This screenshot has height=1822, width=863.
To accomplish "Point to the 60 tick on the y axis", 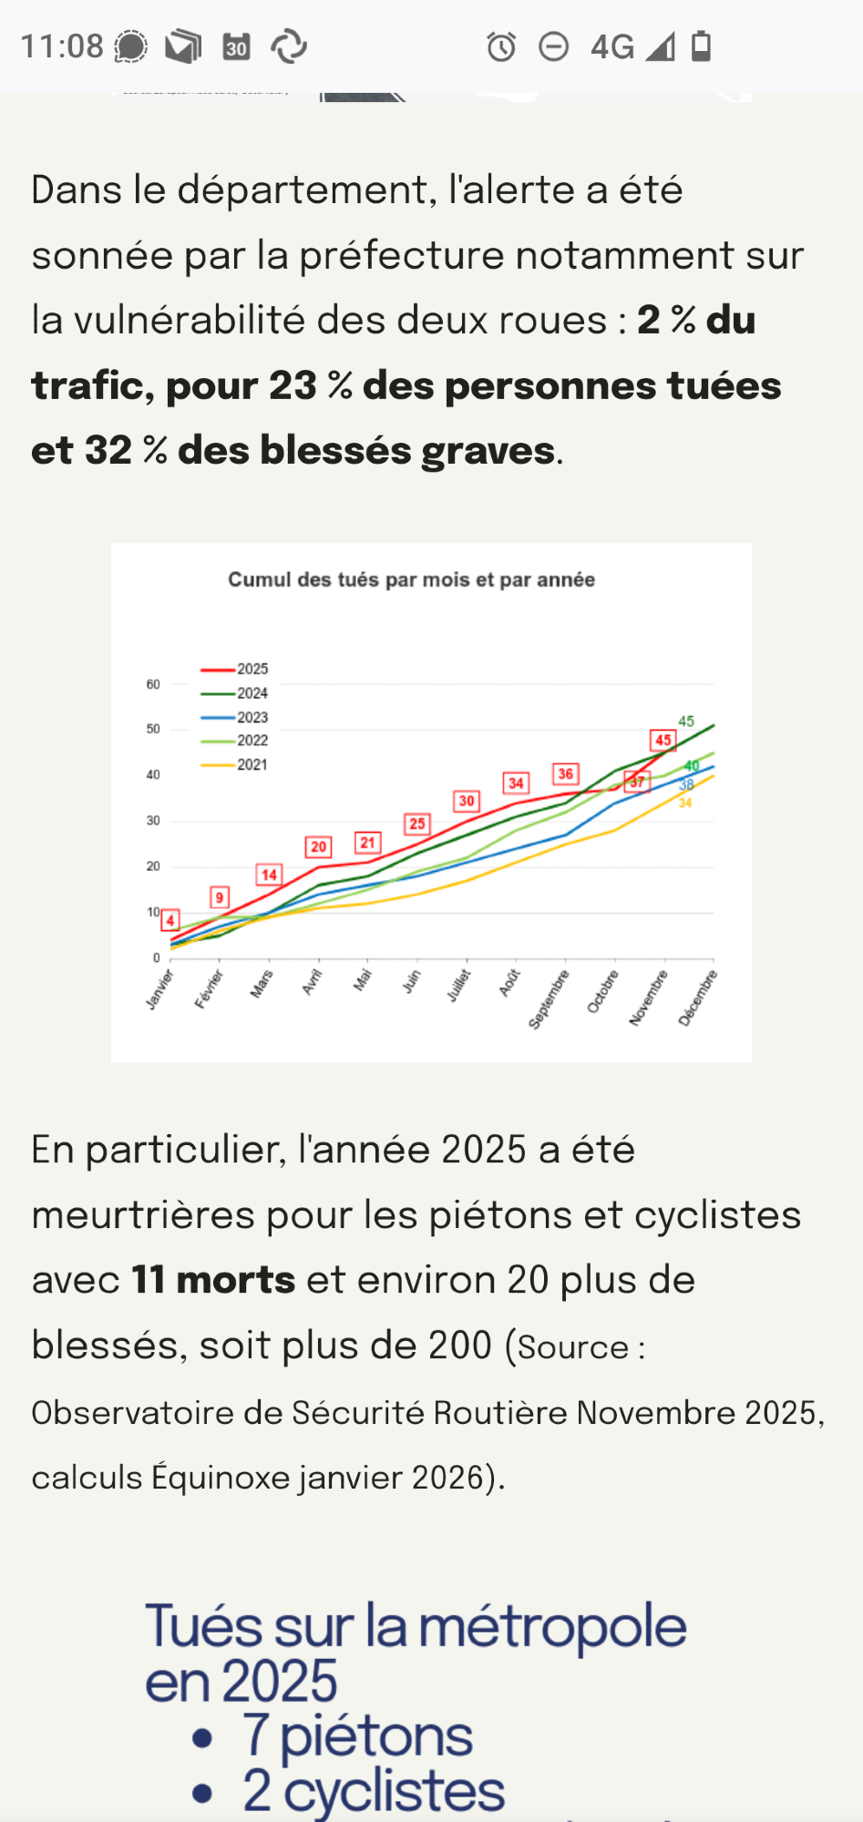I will click(153, 684).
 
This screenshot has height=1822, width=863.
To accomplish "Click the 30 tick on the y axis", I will click(153, 821).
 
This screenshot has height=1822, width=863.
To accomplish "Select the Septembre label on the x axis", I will click(550, 999).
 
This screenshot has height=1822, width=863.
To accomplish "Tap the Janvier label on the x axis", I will click(160, 989).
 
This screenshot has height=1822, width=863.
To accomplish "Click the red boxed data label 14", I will click(269, 875).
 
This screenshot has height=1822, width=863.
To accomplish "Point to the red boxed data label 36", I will click(566, 774).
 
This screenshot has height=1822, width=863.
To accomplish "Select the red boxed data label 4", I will click(170, 921).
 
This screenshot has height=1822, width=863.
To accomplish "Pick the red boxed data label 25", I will click(417, 824).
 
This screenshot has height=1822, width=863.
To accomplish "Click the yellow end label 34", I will click(685, 804).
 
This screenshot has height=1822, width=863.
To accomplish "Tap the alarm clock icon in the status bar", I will click(501, 46).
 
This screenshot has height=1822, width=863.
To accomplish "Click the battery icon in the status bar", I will click(701, 46).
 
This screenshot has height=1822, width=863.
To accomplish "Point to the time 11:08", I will click(62, 46).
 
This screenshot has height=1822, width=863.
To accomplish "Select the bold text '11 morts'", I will click(213, 1280).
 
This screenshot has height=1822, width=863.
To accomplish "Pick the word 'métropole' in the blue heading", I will click(552, 1626).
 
